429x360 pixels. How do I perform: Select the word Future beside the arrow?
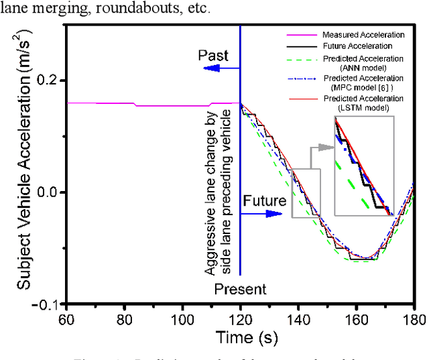click(x=265, y=200)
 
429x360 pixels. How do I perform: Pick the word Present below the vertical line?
click(x=240, y=290)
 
